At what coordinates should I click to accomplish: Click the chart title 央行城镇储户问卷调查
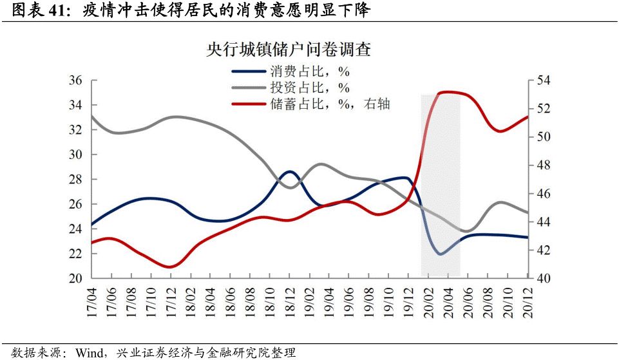click(288, 50)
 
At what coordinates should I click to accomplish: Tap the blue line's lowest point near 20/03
click(441, 254)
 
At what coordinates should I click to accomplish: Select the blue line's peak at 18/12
click(290, 171)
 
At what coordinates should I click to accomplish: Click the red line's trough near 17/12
click(170, 267)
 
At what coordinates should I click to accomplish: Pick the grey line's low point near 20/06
click(466, 231)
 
